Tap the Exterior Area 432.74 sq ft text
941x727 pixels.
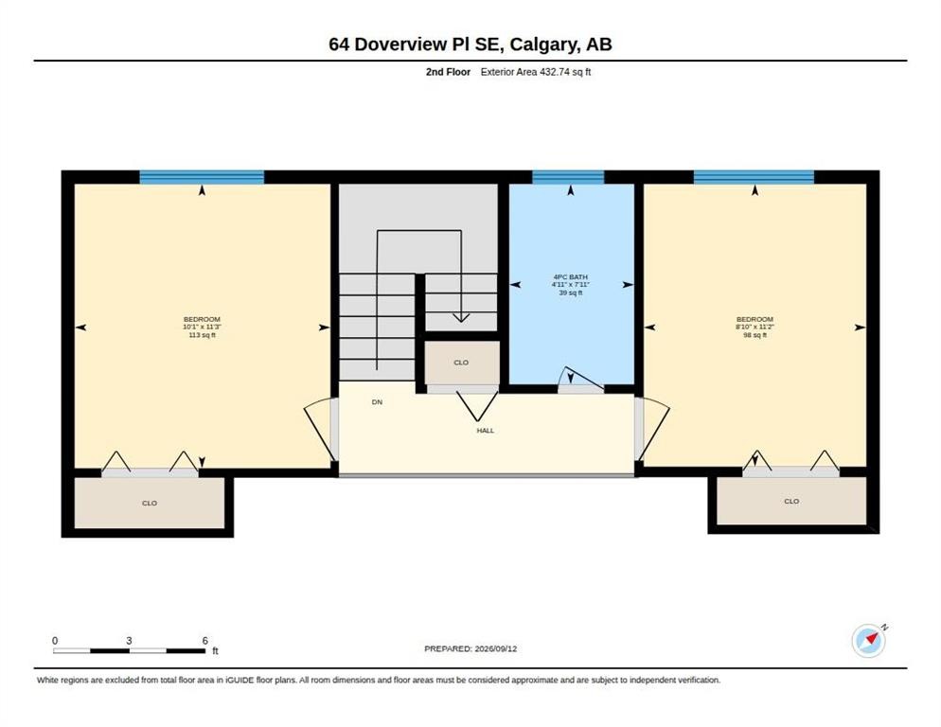coord(536,72)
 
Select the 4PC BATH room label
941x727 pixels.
coord(570,285)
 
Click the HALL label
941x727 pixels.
coord(486,431)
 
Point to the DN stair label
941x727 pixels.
coord(377,402)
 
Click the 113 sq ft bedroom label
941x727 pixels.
coord(203,328)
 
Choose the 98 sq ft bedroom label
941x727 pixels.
coord(755,328)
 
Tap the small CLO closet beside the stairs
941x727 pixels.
coord(461,363)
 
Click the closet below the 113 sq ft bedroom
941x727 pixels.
coord(150,503)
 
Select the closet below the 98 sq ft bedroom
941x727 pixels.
coord(791,501)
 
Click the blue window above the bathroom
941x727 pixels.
coord(568,177)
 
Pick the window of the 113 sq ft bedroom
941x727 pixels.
coord(202,177)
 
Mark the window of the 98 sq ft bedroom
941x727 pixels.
coord(754,177)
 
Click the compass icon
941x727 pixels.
coord(868,641)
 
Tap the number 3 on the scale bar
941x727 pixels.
coord(129,641)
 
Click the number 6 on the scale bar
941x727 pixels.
coord(205,641)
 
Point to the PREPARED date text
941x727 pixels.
coord(470,649)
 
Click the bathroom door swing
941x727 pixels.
coord(580,380)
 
